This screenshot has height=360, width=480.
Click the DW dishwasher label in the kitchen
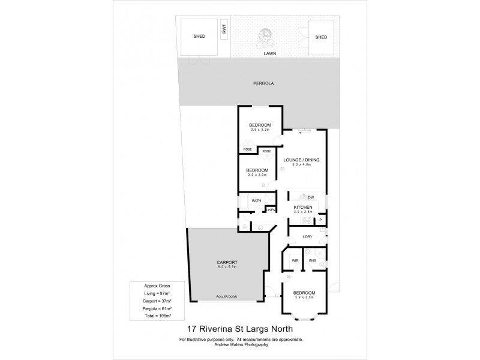pyautogui.click(x=311, y=197)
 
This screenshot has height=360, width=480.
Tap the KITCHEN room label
pyautogui.click(x=303, y=207)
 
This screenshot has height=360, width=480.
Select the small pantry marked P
pyautogui.click(x=321, y=220)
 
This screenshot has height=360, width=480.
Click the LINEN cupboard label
pyautogui.click(x=271, y=209)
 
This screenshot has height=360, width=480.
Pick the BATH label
pyautogui.click(x=256, y=200)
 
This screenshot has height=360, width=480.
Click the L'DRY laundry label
pyautogui.click(x=308, y=236)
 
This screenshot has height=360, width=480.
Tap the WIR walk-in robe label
pyautogui.click(x=295, y=260)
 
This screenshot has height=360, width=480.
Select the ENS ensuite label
pyautogui.click(x=312, y=260)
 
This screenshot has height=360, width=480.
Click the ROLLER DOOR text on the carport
pyautogui.click(x=226, y=296)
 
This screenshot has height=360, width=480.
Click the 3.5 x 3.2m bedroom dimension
pyautogui.click(x=260, y=129)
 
